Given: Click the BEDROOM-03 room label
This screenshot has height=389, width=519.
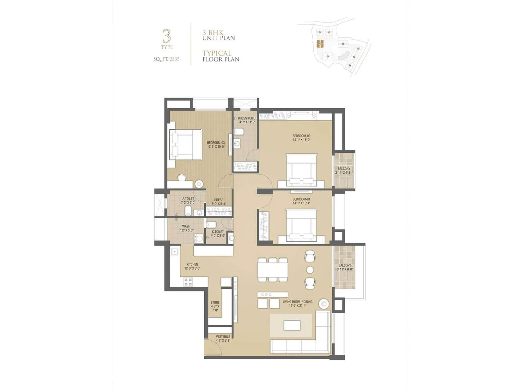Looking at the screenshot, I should click(216, 143).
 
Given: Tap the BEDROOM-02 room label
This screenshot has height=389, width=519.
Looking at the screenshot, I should click(301, 136).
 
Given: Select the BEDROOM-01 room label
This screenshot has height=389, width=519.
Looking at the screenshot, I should click(301, 199).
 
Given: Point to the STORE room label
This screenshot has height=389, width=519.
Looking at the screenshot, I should click(215, 302).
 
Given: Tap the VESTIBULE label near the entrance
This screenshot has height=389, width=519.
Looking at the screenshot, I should click(223, 337).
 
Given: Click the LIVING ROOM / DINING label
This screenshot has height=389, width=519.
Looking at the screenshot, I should click(297, 302).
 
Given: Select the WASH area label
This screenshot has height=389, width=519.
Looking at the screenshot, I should click(186, 226).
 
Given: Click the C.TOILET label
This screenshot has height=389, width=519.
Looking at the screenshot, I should click(218, 232).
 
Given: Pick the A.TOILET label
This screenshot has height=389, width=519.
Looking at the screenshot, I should click(188, 198).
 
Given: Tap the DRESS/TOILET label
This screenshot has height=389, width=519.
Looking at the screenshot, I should click(247, 118).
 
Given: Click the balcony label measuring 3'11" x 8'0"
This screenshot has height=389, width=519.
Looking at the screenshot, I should click(344, 265).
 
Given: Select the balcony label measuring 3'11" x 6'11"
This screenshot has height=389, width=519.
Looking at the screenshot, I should click(344, 169).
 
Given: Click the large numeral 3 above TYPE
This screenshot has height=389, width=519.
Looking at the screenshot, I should click(166, 36).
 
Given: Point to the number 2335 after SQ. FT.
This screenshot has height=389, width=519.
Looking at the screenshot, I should click(174, 59).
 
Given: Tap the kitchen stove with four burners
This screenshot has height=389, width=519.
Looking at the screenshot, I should click(188, 282).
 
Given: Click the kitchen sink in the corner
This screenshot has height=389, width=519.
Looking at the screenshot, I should click(175, 251).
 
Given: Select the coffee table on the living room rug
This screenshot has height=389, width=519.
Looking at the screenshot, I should click(292, 325).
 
